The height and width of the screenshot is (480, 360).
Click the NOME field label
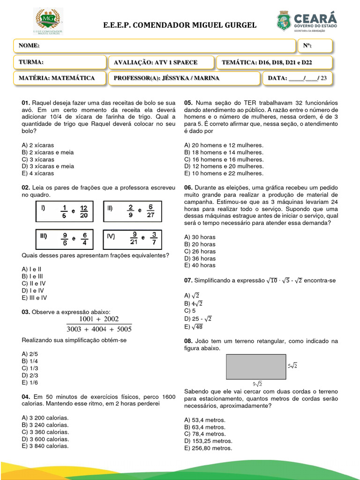tap(29, 45)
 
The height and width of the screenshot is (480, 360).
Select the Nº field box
tap(315, 45)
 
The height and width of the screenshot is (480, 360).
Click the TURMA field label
tap(31, 62)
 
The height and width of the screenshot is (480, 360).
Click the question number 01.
tap(26, 103)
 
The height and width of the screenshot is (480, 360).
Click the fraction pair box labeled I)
tap(64, 211)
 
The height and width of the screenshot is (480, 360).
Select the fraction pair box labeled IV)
tap(133, 239)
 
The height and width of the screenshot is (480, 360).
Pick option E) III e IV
tap(34, 298)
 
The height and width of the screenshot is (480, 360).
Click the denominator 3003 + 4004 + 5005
tap(99, 329)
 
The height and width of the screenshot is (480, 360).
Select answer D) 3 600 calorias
tap(45, 439)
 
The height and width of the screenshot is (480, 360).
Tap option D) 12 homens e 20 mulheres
tap(224, 166)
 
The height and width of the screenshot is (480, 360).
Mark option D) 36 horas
tap(200, 258)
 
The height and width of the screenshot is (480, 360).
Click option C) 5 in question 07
tap(190, 311)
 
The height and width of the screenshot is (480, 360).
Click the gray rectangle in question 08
tap(255, 367)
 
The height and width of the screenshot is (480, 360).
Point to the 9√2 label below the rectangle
tap(257, 383)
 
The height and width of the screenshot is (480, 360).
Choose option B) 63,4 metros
tap(205, 427)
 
